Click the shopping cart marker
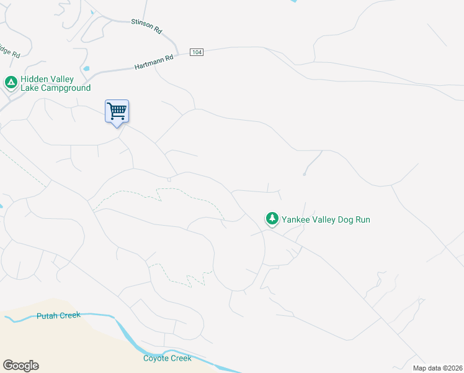(117, 112)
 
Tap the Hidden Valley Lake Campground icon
(11, 82)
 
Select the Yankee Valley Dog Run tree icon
(272, 219)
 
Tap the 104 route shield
(197, 52)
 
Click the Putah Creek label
(58, 315)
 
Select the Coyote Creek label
(167, 358)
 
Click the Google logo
(20, 366)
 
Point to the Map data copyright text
(438, 368)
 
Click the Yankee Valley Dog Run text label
(326, 219)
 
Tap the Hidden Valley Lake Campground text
(55, 83)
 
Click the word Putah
(47, 316)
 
